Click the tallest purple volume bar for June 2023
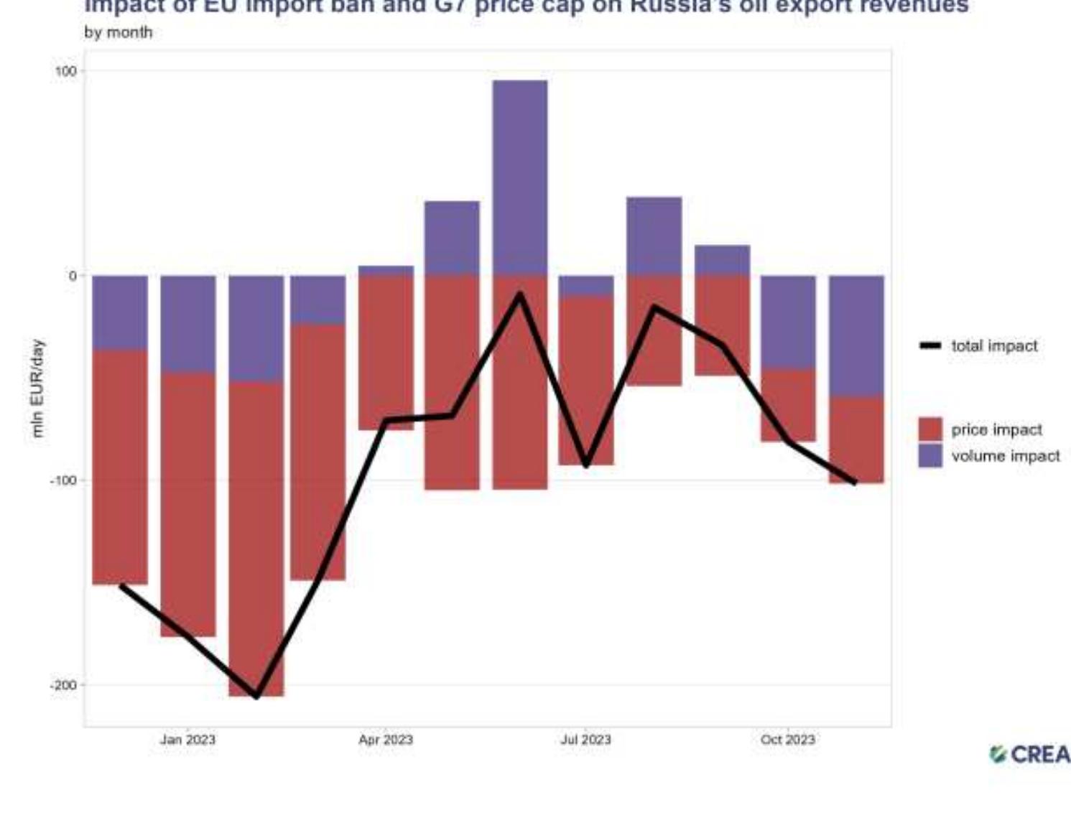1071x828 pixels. click(519, 177)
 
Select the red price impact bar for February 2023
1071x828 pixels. click(256, 539)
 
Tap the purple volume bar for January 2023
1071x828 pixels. click(187, 323)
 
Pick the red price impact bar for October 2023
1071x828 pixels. click(788, 406)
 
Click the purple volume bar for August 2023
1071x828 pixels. click(654, 236)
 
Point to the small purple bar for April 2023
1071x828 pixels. click(386, 271)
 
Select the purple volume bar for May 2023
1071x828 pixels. click(452, 238)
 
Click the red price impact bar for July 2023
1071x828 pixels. click(586, 381)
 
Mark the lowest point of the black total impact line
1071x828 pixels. click(256, 695)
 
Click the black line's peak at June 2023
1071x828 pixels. click(519, 295)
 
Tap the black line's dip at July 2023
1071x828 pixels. click(586, 465)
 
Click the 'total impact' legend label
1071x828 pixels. click(994, 346)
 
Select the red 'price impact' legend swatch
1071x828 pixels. click(930, 429)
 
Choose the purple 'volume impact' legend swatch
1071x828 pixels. click(930, 456)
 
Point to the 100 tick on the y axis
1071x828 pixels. click(65, 71)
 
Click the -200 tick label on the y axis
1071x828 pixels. click(62, 685)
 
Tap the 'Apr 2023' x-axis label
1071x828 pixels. click(386, 740)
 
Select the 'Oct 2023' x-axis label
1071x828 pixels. click(788, 740)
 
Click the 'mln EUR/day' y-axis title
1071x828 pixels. click(37, 388)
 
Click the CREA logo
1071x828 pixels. click(1030, 755)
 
